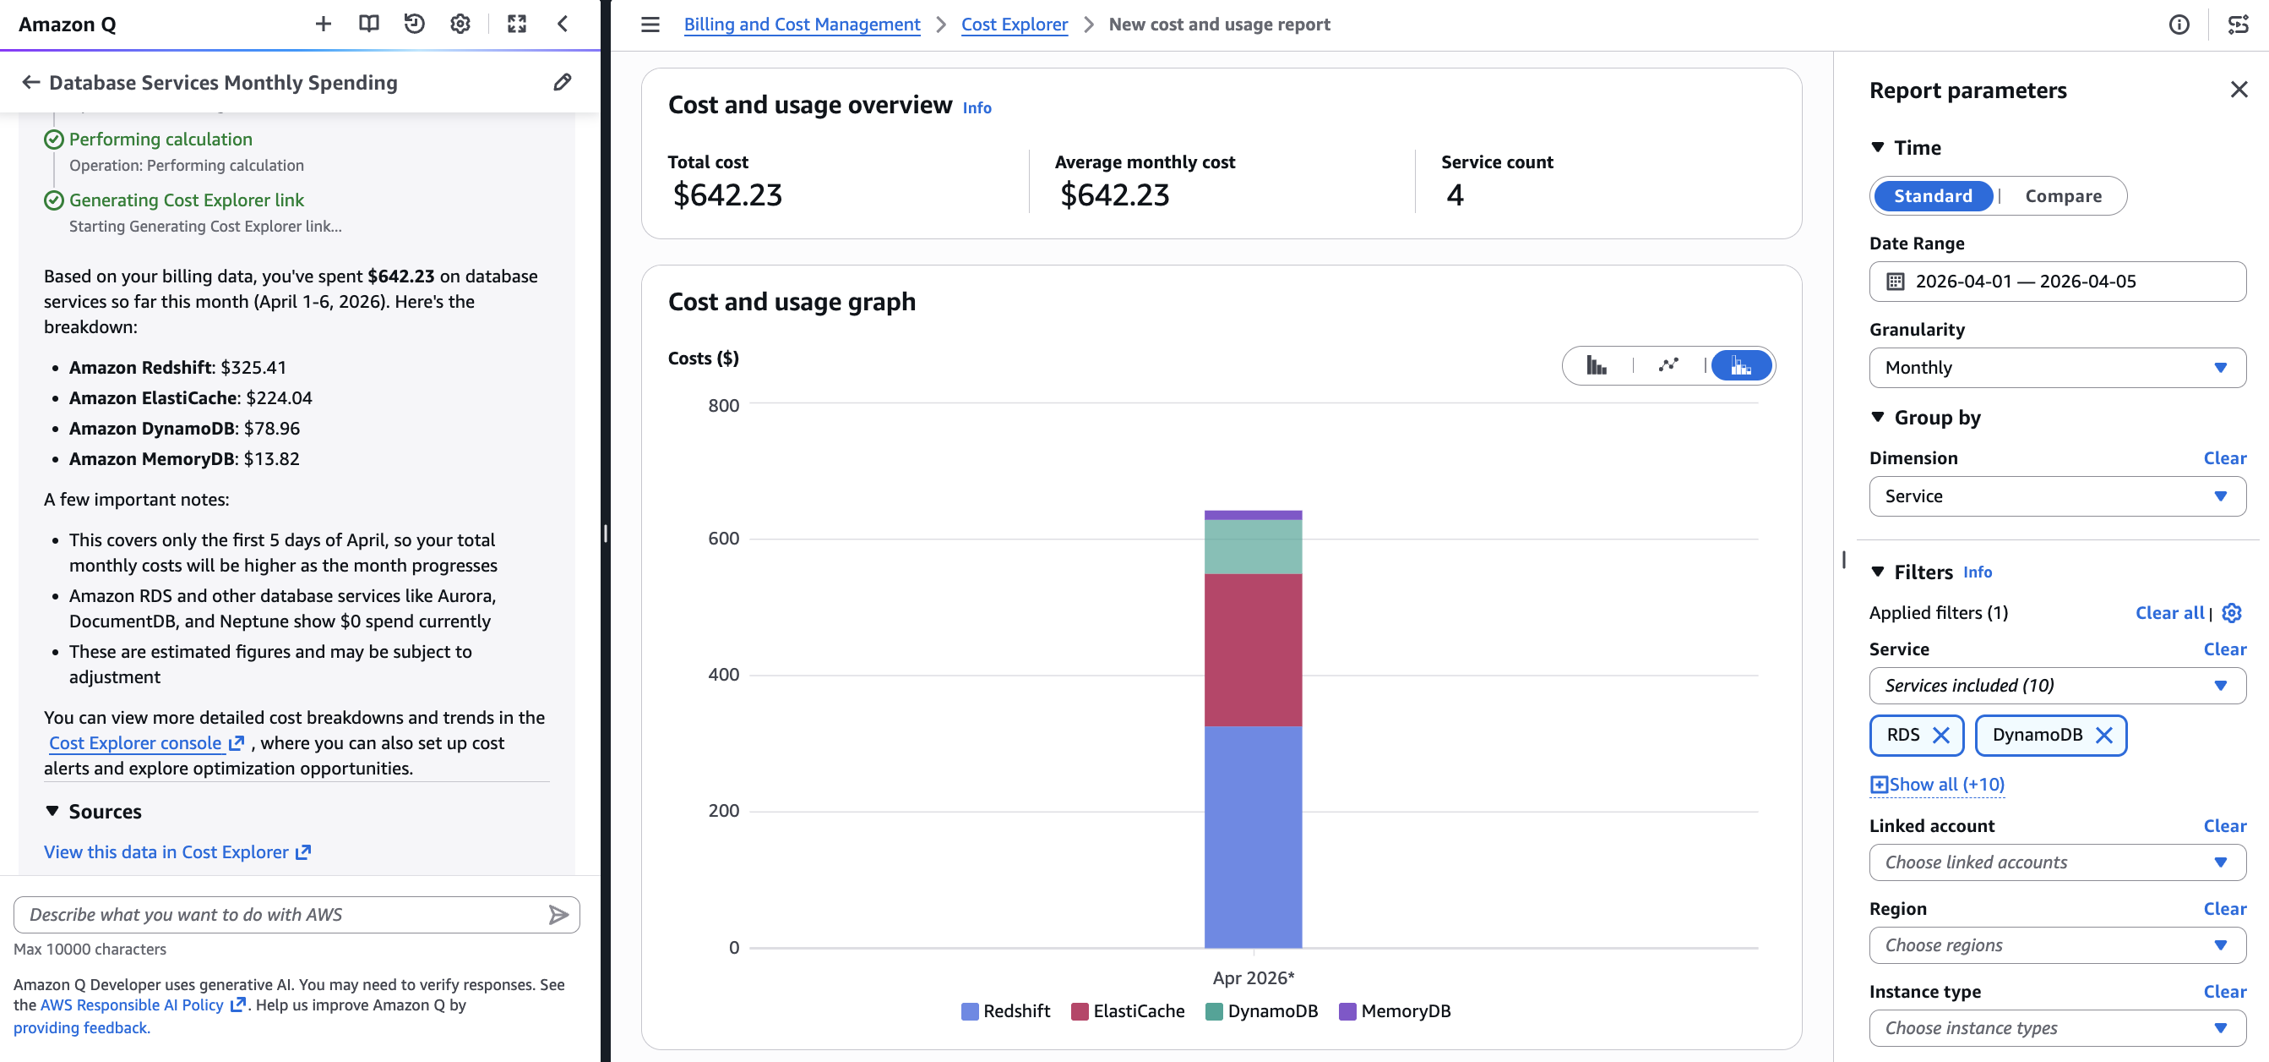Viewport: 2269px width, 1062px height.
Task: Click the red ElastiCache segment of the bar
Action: pyautogui.click(x=1253, y=649)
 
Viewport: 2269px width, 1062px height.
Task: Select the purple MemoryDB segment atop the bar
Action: pyautogui.click(x=1253, y=515)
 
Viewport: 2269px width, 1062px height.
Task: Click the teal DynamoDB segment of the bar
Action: pyautogui.click(x=1253, y=546)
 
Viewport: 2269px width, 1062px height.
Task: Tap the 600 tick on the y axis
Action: pyautogui.click(x=723, y=539)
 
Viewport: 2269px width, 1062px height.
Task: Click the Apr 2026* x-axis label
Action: pyautogui.click(x=1253, y=977)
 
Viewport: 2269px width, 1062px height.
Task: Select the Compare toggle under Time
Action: pyautogui.click(x=2062, y=195)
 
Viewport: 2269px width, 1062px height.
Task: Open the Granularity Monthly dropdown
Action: pyautogui.click(x=2056, y=368)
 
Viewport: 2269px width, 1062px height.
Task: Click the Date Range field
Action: pyautogui.click(x=2056, y=282)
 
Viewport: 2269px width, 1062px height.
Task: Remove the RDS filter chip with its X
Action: pyautogui.click(x=1940, y=735)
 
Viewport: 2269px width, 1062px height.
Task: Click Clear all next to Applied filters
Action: pyautogui.click(x=2168, y=612)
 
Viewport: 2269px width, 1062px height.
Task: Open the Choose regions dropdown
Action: pyautogui.click(x=2056, y=944)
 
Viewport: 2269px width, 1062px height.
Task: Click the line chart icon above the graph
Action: pyautogui.click(x=1668, y=365)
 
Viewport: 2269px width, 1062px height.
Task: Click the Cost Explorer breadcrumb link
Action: pyautogui.click(x=1014, y=25)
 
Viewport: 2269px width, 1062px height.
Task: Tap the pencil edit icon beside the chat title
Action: pyautogui.click(x=562, y=83)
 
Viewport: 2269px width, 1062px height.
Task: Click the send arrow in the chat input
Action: pyautogui.click(x=558, y=915)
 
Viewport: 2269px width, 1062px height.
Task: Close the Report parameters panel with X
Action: pyautogui.click(x=2239, y=90)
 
